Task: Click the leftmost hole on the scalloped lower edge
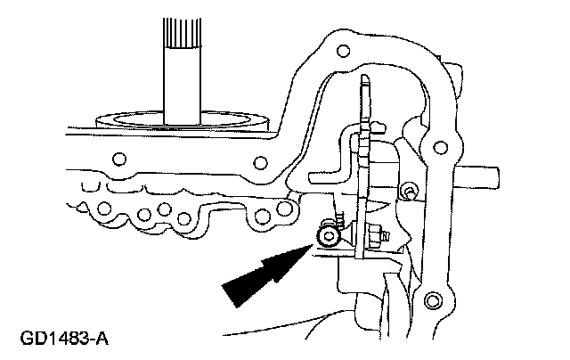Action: coord(104,211)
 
